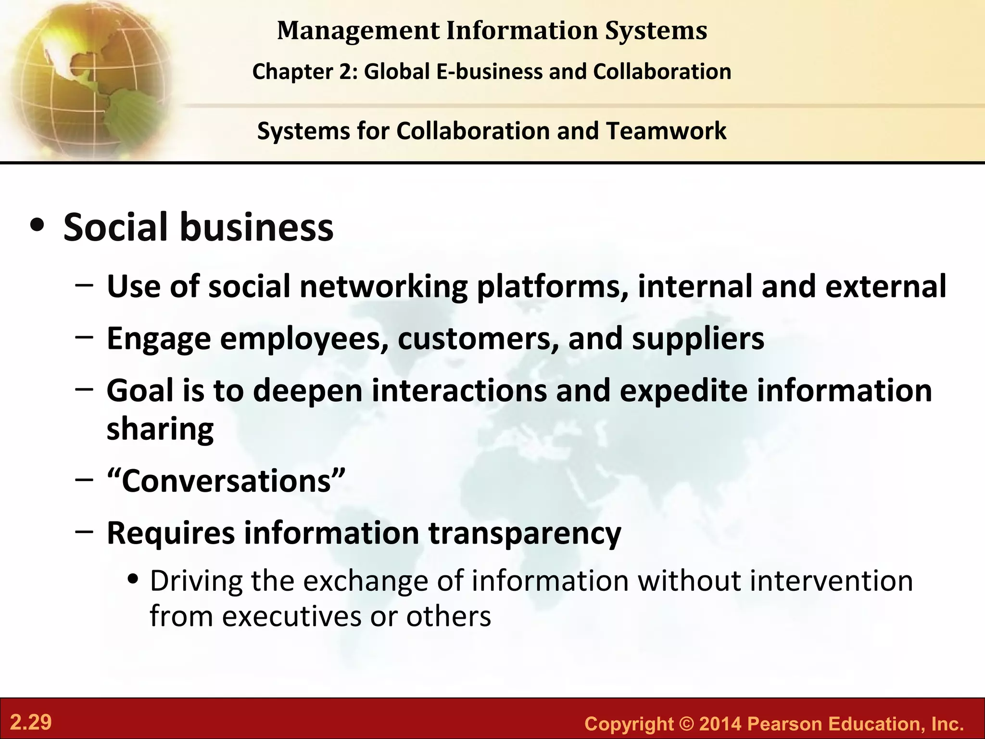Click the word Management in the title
pyautogui.click(x=358, y=31)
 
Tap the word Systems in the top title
pyautogui.click(x=656, y=31)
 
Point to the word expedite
pyautogui.click(x=683, y=390)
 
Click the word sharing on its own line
pyautogui.click(x=160, y=429)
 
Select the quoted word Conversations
pyautogui.click(x=226, y=481)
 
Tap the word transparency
pyautogui.click(x=524, y=533)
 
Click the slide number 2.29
pyautogui.click(x=31, y=723)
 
